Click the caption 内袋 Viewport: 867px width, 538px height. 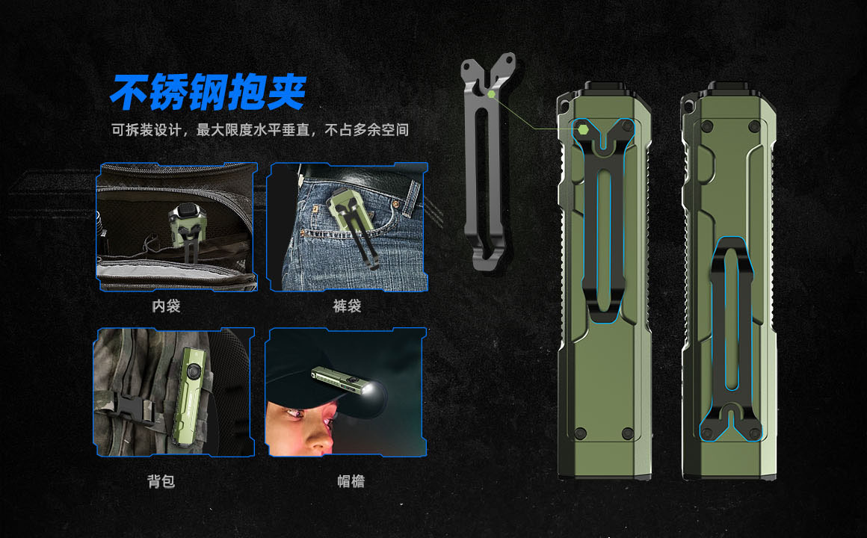[167, 306]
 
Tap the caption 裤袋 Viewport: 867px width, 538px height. [348, 306]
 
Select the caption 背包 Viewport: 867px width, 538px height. [161, 481]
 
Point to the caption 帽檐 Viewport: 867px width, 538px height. [351, 481]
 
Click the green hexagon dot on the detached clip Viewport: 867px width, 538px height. [491, 94]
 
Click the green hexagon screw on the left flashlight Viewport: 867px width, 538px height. [583, 130]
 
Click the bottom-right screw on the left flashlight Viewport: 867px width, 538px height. [628, 433]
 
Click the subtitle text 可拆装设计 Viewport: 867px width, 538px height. [146, 130]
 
